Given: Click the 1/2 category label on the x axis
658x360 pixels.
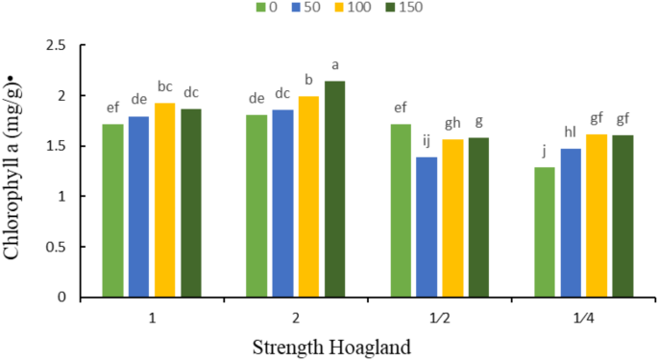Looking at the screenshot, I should pyautogui.click(x=439, y=315).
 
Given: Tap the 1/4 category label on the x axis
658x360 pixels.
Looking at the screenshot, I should pyautogui.click(x=583, y=315).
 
